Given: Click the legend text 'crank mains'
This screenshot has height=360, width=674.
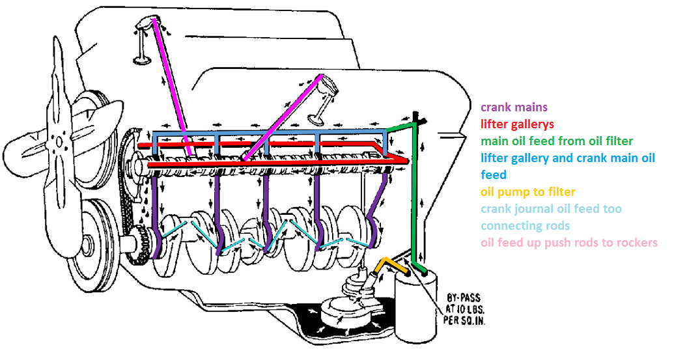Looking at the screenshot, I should [514, 107].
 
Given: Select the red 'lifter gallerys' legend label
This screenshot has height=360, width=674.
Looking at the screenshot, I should [517, 124].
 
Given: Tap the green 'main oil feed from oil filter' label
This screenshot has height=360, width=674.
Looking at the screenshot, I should [556, 141].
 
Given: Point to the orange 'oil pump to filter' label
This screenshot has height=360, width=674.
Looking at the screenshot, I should [527, 192].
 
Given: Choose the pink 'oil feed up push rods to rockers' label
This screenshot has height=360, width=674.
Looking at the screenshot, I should [569, 243].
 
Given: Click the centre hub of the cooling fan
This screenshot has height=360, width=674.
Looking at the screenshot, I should [61, 140].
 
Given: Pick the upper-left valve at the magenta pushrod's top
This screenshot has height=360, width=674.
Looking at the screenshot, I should [141, 46].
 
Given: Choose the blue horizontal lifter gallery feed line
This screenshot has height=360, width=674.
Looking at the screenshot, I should [260, 134].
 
